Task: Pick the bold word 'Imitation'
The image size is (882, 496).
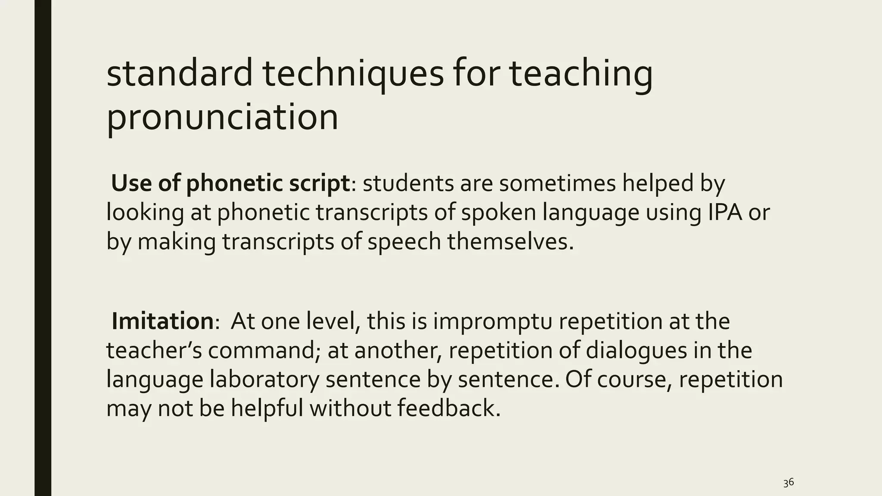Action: (x=162, y=322)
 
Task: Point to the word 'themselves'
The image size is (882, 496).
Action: (x=510, y=242)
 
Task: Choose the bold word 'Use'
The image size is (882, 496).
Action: (x=131, y=183)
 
